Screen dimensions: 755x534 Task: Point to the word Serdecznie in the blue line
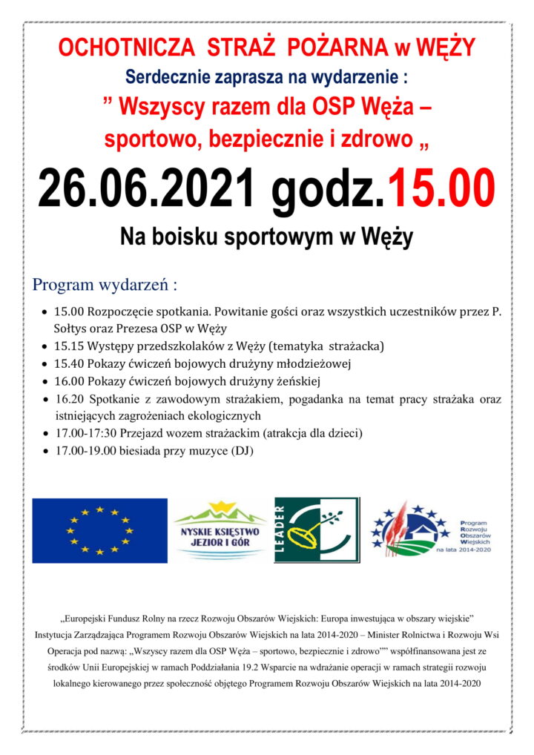click(164, 76)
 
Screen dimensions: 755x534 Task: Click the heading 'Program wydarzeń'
click(105, 284)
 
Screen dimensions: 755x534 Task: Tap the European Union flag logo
click(100, 530)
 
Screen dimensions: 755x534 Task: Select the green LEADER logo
click(316, 530)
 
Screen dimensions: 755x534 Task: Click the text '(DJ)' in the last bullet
click(241, 450)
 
